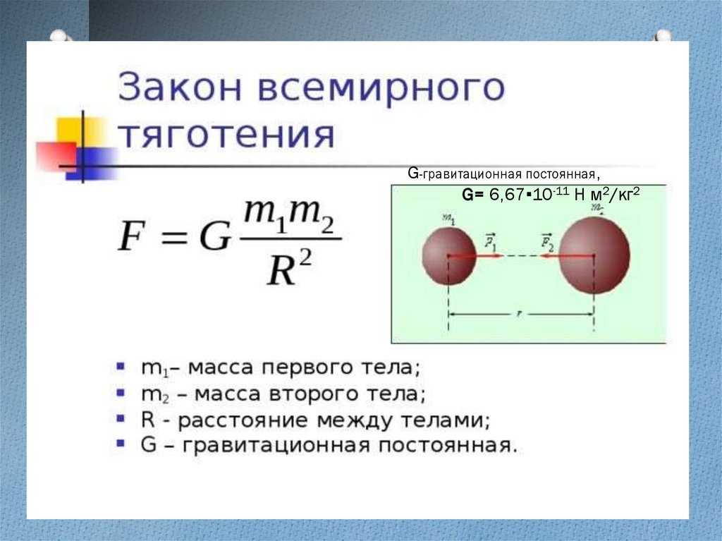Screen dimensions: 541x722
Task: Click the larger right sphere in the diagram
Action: (x=594, y=255)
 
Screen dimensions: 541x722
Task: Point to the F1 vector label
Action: (x=490, y=243)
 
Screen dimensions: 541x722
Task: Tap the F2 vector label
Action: (x=547, y=243)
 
